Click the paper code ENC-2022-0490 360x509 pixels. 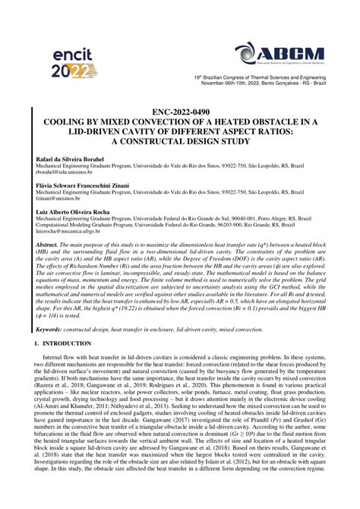coord(180,111)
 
